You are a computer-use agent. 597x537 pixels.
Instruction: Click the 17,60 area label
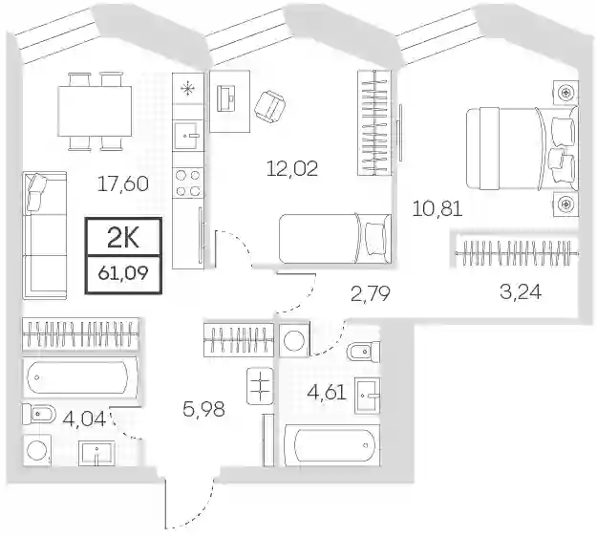tap(123, 184)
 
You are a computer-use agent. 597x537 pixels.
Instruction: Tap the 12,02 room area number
tap(292, 168)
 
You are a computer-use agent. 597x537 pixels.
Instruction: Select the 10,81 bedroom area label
tap(437, 208)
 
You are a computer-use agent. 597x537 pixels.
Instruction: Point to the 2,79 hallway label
tap(371, 293)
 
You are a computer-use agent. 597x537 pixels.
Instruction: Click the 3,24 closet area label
tap(521, 292)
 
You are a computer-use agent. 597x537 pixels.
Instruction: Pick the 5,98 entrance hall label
tap(203, 409)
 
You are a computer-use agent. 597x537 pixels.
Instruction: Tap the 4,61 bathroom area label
tap(327, 393)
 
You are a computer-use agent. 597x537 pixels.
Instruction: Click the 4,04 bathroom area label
tap(84, 419)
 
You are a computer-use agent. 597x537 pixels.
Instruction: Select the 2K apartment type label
tap(123, 238)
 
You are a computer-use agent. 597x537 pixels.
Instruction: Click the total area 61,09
tap(123, 273)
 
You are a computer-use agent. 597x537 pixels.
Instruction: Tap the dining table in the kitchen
tap(95, 111)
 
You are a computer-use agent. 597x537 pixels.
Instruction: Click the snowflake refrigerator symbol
tap(188, 89)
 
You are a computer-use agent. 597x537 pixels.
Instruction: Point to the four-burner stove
tap(187, 183)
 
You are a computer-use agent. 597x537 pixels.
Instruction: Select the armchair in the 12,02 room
tap(270, 107)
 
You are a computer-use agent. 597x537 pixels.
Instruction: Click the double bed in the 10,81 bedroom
tap(522, 148)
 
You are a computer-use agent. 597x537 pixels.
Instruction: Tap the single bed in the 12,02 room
tap(335, 239)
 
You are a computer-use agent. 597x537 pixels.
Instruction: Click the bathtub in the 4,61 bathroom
tap(331, 445)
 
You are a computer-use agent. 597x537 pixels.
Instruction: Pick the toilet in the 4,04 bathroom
tap(39, 415)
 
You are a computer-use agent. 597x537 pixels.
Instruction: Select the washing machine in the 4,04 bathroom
tap(37, 450)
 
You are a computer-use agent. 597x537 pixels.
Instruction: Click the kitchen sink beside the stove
tap(187, 136)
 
